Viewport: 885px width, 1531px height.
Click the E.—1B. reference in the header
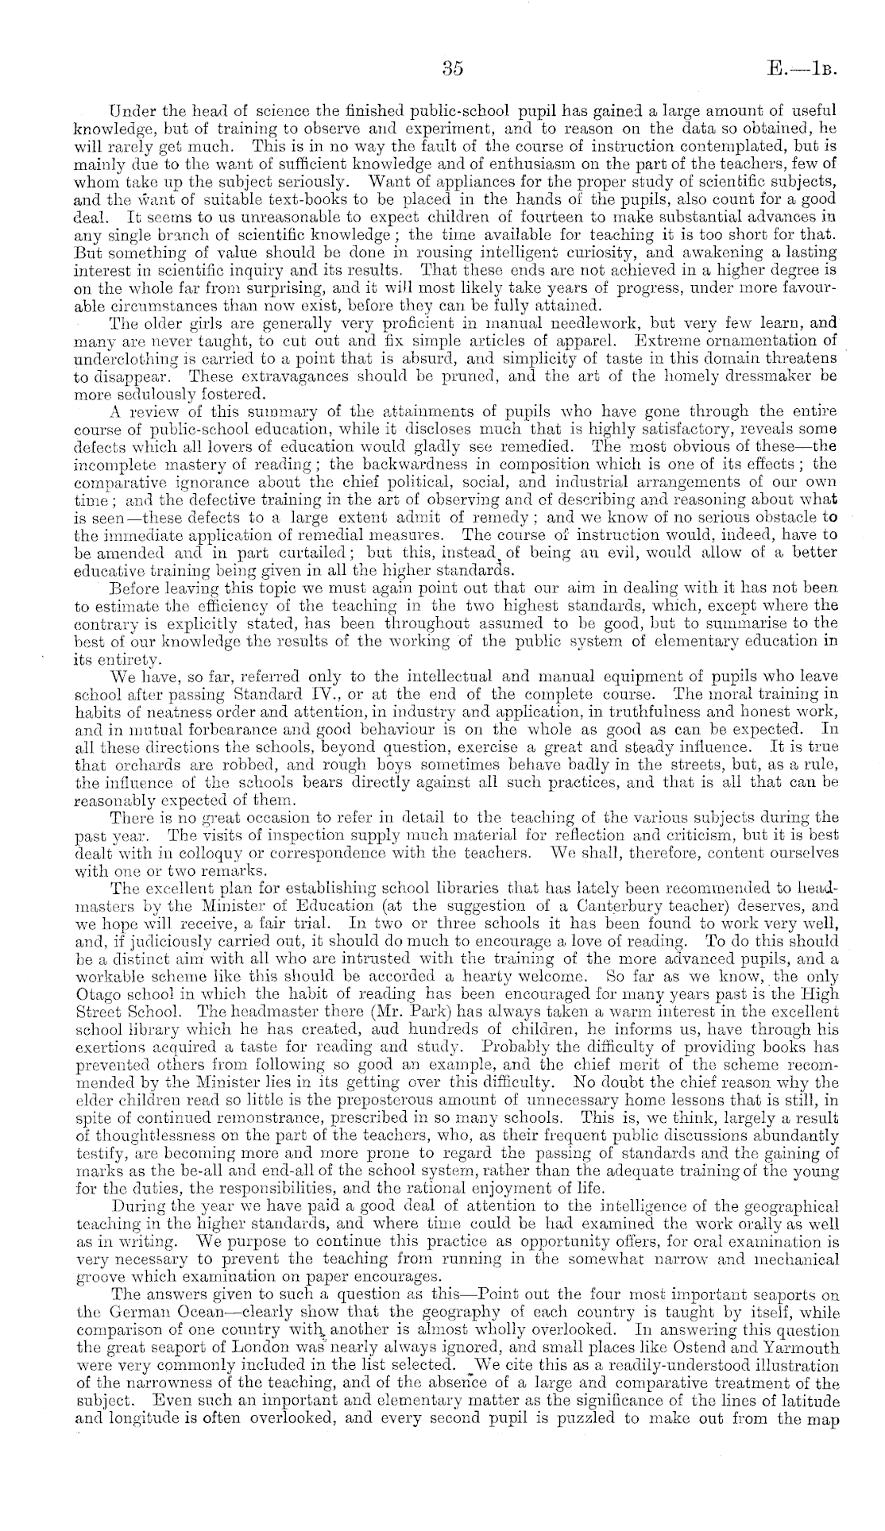(806, 69)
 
